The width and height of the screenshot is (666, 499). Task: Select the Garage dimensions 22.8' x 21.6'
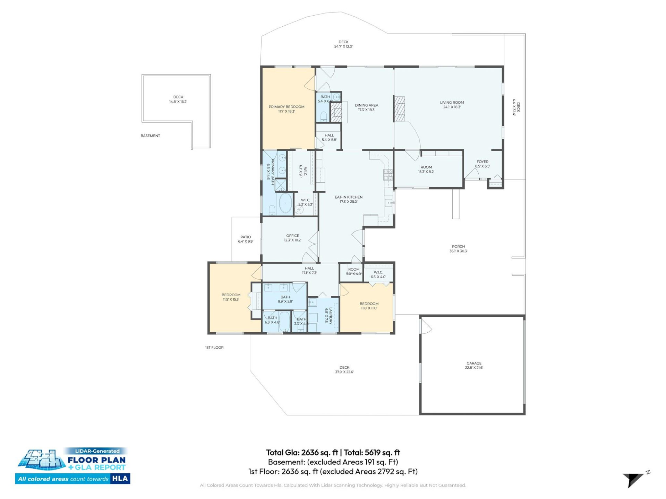pos(474,368)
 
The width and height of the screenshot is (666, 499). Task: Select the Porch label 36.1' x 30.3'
pos(458,249)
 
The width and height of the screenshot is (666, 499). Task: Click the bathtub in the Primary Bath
pos(285,203)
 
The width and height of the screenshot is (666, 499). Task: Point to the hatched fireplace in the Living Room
pos(399,109)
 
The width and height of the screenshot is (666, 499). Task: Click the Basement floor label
pos(150,136)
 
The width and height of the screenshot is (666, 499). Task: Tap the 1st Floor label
pos(214,348)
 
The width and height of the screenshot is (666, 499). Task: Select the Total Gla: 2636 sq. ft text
pos(302,453)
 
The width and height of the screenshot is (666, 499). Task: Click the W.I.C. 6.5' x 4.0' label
pos(378,274)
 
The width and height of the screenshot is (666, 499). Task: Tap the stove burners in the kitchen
pos(388,175)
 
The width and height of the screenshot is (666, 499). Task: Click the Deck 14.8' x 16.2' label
pos(178,99)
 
